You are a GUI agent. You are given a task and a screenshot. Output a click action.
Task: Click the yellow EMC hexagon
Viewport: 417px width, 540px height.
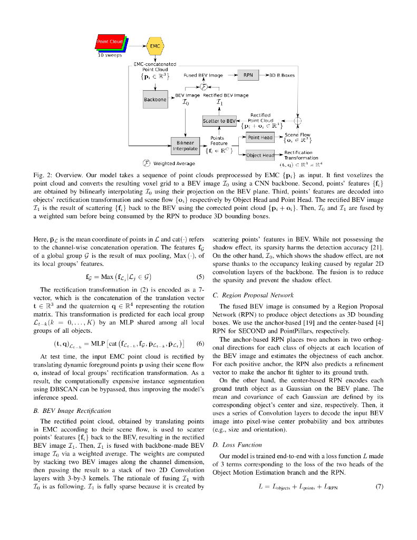[x=155, y=46]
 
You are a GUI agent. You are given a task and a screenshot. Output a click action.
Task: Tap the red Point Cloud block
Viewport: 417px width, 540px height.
[x=109, y=42]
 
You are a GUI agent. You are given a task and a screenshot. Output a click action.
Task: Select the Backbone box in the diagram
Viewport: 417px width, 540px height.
[x=155, y=99]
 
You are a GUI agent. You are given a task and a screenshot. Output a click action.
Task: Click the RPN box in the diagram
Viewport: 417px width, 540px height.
[x=248, y=75]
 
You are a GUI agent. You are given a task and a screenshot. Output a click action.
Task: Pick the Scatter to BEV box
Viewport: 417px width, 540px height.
[x=219, y=121]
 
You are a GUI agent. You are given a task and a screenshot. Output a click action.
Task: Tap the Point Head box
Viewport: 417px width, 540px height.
[x=260, y=138]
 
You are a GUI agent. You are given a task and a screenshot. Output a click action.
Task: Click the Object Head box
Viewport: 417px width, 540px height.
[x=260, y=156]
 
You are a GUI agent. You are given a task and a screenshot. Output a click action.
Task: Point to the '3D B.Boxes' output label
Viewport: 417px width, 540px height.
[x=282, y=75]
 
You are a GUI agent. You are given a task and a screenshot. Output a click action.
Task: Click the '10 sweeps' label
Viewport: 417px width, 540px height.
[x=110, y=55]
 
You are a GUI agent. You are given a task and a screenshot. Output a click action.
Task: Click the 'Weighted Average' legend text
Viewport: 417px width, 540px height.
[x=171, y=163]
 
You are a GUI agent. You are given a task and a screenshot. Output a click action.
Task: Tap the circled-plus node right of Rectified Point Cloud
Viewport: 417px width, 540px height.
[x=298, y=121]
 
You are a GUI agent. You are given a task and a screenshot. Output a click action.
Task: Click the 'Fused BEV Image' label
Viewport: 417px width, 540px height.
[x=203, y=75]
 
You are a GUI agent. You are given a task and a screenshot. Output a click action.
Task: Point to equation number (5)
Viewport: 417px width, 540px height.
[x=200, y=277]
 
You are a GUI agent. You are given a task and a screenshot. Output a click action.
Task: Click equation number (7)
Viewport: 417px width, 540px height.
[x=379, y=487]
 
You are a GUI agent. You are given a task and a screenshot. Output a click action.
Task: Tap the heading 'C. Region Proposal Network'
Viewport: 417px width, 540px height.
[x=253, y=295]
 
